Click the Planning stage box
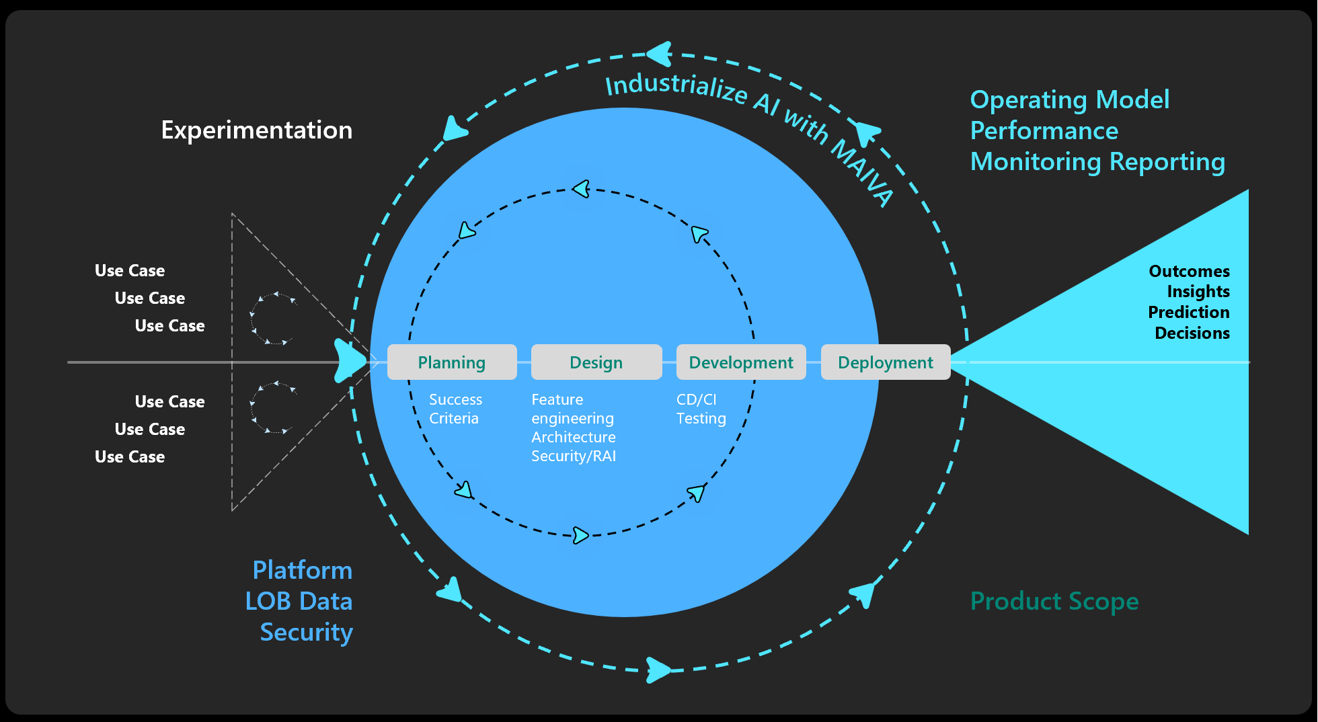[x=452, y=362]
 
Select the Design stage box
[x=596, y=362]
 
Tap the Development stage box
[x=741, y=362]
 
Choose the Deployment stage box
[x=886, y=362]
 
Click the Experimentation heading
[x=256, y=130]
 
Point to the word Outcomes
[x=1189, y=271]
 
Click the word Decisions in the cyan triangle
[x=1192, y=333]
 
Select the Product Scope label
[x=1054, y=601]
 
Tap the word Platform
[x=302, y=570]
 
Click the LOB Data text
[x=299, y=601]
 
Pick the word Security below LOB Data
[x=306, y=632]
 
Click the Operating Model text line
[x=1069, y=99]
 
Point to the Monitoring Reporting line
[x=1097, y=161]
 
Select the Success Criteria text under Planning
[x=455, y=409]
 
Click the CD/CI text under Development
[x=696, y=399]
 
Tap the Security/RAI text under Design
[x=573, y=456]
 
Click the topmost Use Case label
[x=130, y=270]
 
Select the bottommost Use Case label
[x=130, y=456]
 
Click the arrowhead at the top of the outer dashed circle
[x=660, y=54]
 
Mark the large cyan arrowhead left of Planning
[x=350, y=361]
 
